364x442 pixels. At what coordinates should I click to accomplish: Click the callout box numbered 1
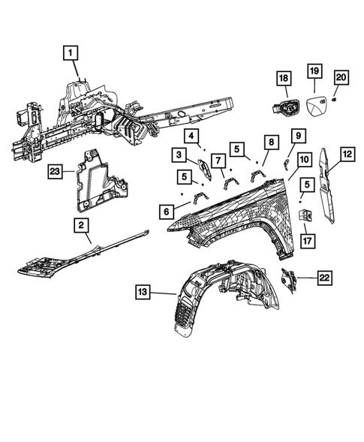point(71,53)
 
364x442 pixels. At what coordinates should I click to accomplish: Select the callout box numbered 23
point(55,171)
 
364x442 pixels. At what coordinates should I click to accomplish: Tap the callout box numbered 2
point(81,225)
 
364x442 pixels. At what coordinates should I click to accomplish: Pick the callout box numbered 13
point(143,292)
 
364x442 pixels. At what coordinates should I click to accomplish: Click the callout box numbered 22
point(324,278)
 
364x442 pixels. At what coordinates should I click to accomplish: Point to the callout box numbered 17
point(307,241)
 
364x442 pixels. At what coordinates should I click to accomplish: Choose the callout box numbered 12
point(347,154)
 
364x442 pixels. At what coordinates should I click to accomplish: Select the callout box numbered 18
point(284,78)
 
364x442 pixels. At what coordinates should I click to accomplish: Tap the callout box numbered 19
point(314,71)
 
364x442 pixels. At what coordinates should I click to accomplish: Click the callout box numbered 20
point(341,77)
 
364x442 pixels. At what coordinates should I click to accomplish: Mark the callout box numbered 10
point(305,160)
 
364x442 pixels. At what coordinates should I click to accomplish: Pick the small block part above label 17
point(305,215)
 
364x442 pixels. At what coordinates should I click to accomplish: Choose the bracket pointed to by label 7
point(231,183)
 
